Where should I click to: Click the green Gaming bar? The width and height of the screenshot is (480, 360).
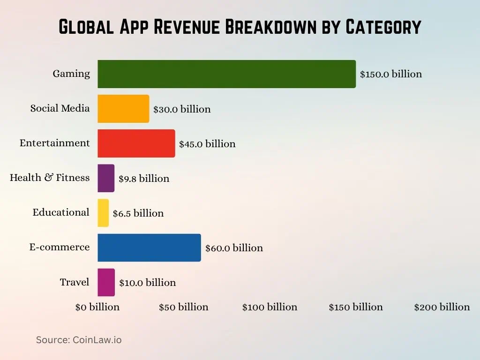point(226,74)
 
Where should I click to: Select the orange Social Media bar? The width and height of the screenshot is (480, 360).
point(123,109)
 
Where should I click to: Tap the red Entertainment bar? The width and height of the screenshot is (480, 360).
point(136,143)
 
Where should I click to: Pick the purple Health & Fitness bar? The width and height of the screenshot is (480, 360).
point(106,178)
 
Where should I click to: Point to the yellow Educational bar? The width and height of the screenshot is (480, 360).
point(103,213)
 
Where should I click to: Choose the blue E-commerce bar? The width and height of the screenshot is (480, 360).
point(149,247)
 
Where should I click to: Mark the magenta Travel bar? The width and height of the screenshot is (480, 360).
point(106,282)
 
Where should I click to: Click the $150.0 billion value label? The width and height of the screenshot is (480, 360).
point(391,74)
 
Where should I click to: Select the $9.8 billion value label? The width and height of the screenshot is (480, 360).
point(143,179)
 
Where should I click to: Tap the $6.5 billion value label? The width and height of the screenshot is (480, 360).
point(138,213)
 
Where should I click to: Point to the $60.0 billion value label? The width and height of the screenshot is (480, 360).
point(234,248)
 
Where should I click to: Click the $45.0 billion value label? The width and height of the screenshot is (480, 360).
point(207,144)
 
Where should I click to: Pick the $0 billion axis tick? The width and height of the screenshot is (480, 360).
point(97,307)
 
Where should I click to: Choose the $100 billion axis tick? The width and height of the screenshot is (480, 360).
point(270,307)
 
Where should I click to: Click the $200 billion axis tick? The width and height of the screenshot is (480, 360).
point(442,307)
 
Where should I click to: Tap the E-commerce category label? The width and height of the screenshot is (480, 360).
point(60,247)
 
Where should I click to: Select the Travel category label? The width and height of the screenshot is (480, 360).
point(75,282)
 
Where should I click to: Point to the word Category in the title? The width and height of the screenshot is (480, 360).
point(383,27)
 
